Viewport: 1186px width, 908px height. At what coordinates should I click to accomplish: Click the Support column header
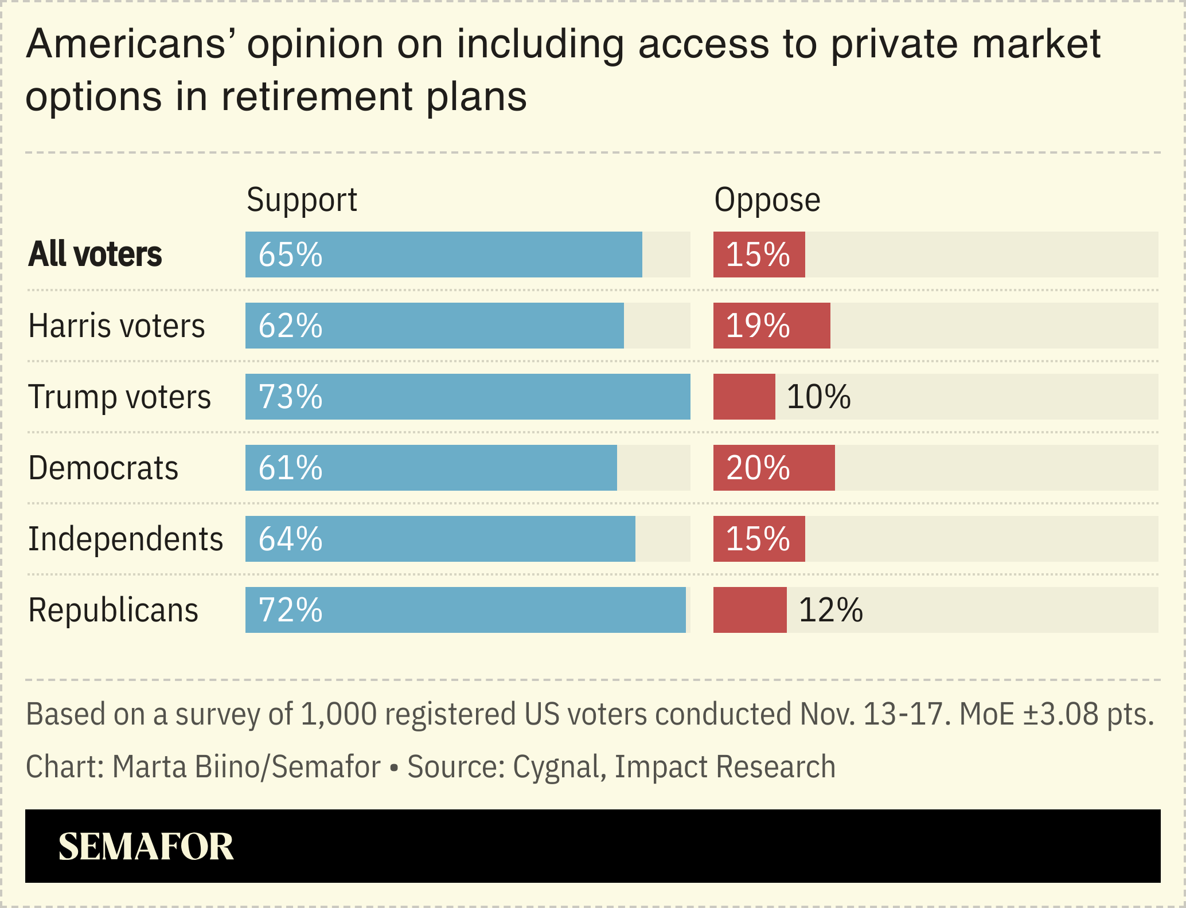click(x=302, y=200)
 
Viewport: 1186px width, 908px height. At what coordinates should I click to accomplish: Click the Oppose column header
click(x=767, y=200)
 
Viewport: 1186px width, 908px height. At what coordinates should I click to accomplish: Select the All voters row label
click(x=95, y=255)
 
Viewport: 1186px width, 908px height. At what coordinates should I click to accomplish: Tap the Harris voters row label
click(x=116, y=326)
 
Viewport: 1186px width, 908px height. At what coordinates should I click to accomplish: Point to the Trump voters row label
click(x=119, y=397)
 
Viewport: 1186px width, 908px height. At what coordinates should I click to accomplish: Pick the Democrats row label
click(x=103, y=468)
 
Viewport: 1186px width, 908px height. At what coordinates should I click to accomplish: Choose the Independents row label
click(x=126, y=539)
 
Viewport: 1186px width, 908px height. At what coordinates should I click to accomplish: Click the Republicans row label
click(x=113, y=610)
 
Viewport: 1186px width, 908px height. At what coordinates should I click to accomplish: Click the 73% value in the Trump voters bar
click(x=290, y=397)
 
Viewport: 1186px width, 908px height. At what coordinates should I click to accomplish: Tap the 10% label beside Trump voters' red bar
click(x=818, y=397)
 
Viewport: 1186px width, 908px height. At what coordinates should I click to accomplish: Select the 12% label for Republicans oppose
click(x=830, y=610)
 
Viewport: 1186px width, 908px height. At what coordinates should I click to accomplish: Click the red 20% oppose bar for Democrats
click(x=774, y=468)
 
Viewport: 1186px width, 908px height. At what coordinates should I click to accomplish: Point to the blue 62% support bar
click(x=434, y=326)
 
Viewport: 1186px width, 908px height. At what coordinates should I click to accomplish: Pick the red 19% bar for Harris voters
click(x=771, y=326)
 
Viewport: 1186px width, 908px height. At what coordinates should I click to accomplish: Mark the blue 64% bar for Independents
click(x=440, y=539)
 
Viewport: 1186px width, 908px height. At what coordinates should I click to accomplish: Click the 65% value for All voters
click(x=290, y=255)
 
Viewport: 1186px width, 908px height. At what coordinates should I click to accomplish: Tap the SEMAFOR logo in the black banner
click(x=146, y=847)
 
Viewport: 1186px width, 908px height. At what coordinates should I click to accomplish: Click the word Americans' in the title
click(x=127, y=44)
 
